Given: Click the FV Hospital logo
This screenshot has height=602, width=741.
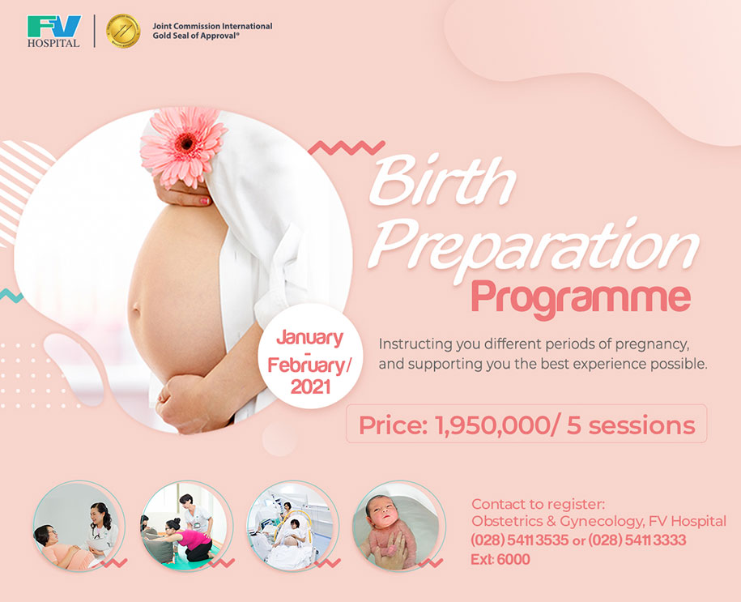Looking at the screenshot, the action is pyautogui.click(x=54, y=32).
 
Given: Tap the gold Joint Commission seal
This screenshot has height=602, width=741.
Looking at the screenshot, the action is pyautogui.click(x=123, y=32).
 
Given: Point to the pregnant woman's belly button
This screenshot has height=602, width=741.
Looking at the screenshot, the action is pyautogui.click(x=135, y=310).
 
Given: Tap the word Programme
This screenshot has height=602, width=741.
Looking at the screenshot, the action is pyautogui.click(x=581, y=299).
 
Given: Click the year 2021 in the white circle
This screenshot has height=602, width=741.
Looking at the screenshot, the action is pyautogui.click(x=310, y=387).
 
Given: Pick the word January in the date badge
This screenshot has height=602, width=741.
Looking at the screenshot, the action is pyautogui.click(x=310, y=338).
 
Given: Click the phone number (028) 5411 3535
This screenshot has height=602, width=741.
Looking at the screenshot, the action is pyautogui.click(x=520, y=540).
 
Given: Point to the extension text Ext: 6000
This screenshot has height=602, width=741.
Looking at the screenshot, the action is pyautogui.click(x=500, y=559).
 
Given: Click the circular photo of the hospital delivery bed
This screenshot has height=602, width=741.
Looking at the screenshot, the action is pyautogui.click(x=293, y=527).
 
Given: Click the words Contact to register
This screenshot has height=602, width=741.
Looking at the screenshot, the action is pyautogui.click(x=538, y=504).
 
